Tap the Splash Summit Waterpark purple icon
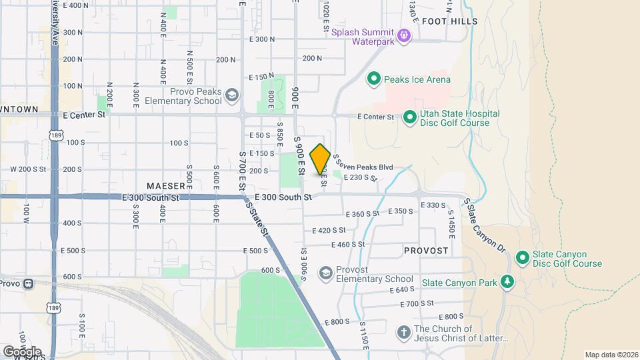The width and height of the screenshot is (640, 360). (x=403, y=35)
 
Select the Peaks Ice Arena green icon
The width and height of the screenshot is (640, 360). (x=374, y=79)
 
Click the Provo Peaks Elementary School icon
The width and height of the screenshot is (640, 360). (x=231, y=96)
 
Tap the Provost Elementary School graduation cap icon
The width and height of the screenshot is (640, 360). (x=325, y=273)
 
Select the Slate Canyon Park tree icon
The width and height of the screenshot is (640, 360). (x=508, y=283)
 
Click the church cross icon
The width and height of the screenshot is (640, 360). (x=403, y=333)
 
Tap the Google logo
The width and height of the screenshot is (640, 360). (x=22, y=351)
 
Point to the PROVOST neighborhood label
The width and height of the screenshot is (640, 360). (x=426, y=250)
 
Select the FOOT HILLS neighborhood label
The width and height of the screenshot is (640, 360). (x=455, y=21)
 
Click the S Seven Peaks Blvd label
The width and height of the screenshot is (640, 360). (x=363, y=164)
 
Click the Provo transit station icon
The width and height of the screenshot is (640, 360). (x=28, y=283)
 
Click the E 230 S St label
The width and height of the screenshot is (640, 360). (x=361, y=177)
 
